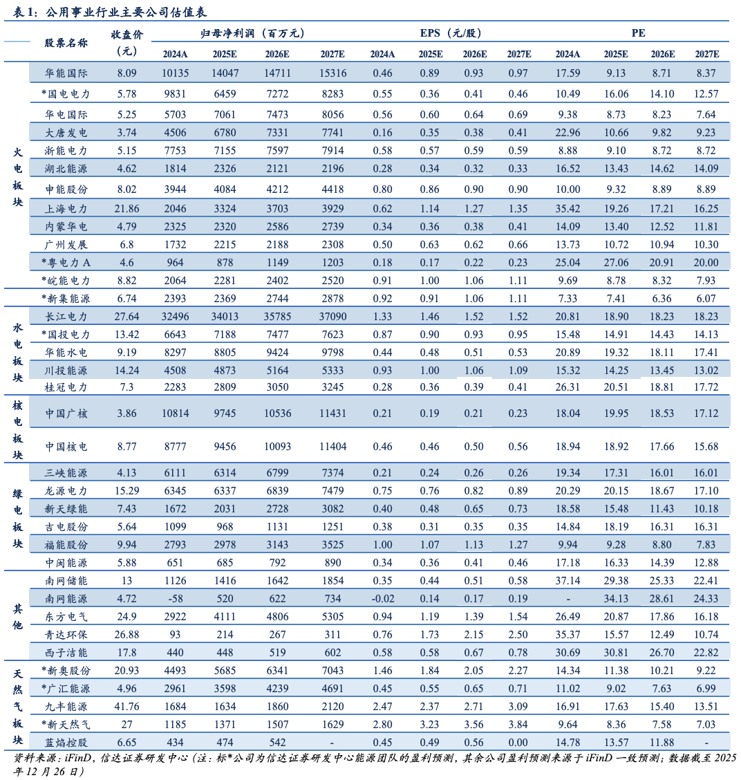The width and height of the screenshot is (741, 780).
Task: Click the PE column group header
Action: (638, 33)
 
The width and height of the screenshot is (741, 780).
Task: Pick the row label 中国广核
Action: (66, 414)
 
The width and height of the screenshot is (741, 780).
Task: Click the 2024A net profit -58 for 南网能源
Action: (175, 599)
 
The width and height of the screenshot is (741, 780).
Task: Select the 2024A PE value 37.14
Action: (568, 581)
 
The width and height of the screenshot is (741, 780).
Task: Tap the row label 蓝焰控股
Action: (66, 743)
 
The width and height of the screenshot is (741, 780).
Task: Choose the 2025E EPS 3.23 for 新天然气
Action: (429, 725)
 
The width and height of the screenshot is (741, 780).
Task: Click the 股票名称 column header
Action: (66, 43)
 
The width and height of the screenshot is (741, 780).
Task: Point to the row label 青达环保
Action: (66, 635)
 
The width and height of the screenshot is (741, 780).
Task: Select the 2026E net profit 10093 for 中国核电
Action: (277, 447)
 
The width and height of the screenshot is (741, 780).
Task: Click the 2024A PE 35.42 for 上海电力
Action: (568, 209)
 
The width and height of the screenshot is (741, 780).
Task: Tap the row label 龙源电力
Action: (66, 491)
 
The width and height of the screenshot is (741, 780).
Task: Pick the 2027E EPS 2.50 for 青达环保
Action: (518, 635)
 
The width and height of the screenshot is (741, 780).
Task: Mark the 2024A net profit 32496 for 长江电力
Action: (175, 317)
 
